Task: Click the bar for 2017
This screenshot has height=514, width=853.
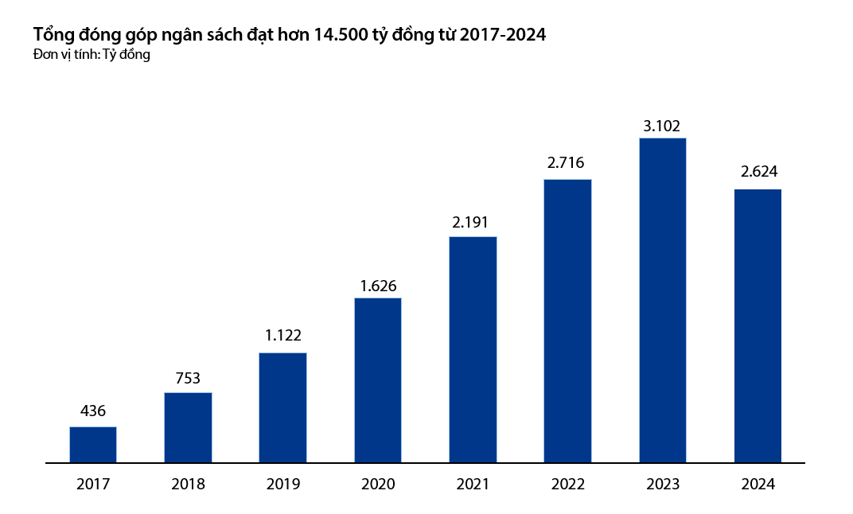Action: [x=93, y=445]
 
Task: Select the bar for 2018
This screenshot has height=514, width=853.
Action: [x=188, y=427]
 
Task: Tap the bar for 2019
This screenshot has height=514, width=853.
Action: [x=282, y=407]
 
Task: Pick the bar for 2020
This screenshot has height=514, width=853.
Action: [x=378, y=380]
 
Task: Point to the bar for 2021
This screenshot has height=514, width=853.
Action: [x=473, y=349]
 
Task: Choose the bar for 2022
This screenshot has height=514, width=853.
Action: [x=567, y=321]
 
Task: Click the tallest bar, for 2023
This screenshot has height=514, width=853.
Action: [x=663, y=300]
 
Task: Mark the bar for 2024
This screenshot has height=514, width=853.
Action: [x=758, y=325]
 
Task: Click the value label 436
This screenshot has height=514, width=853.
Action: [x=93, y=412]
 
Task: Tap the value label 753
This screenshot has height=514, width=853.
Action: [x=188, y=378]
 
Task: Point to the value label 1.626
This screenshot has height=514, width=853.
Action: [x=378, y=283]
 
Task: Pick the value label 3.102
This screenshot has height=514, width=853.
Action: [x=663, y=124]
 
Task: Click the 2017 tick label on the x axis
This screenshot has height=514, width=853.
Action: [x=93, y=484]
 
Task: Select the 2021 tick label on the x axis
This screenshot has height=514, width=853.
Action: [x=473, y=484]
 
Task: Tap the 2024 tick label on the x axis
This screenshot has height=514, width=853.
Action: [x=758, y=484]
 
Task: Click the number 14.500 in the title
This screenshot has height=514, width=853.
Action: [x=340, y=35]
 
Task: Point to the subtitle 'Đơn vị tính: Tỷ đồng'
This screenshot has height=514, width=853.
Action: [x=92, y=55]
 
